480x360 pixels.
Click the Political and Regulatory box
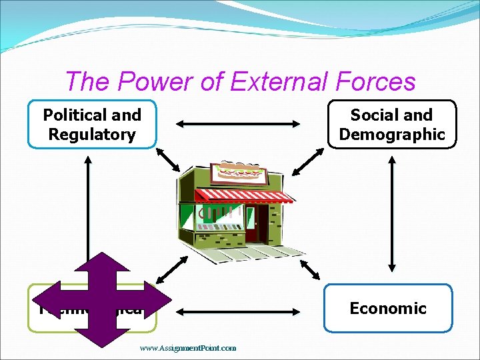click(x=92, y=124)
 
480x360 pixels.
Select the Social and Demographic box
click(x=392, y=124)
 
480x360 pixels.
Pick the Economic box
click(x=388, y=308)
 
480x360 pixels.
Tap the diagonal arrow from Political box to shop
click(x=168, y=160)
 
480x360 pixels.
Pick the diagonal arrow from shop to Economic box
click(x=311, y=269)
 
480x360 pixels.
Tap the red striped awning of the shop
click(x=243, y=195)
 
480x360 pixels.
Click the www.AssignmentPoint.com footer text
click(x=188, y=347)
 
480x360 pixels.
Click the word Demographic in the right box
click(x=392, y=134)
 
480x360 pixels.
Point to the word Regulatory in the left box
click(x=92, y=134)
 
